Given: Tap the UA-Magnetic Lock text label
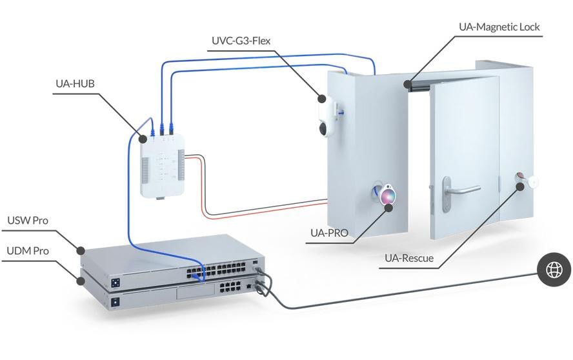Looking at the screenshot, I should point(499,26).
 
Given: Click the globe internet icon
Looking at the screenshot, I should point(554,270).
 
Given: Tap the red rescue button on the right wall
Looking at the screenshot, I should point(520,178).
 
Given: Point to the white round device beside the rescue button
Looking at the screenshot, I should point(532,182).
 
